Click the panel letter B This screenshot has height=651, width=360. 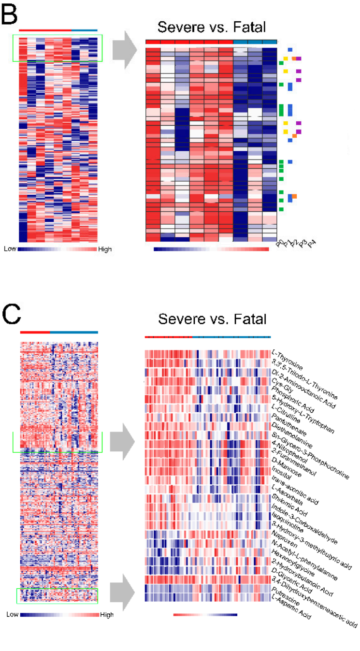tap(13, 15)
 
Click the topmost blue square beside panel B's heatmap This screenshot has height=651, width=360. tap(290, 49)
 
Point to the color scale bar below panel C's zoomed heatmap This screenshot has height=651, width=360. tap(205, 615)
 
